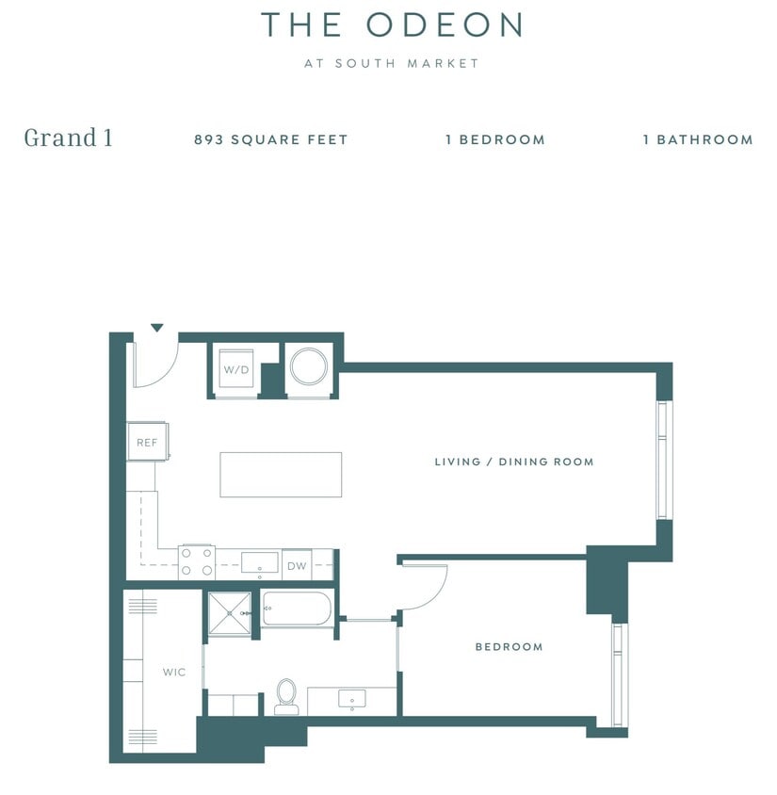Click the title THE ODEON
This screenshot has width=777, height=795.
(x=392, y=25)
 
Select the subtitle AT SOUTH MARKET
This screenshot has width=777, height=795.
(x=392, y=64)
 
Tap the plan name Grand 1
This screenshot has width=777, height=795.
(x=68, y=138)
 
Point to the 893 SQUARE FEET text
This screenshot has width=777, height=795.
(x=271, y=139)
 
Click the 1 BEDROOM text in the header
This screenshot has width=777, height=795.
(x=495, y=139)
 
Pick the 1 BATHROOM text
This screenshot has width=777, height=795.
(x=698, y=139)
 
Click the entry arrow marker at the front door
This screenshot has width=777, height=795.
(x=157, y=328)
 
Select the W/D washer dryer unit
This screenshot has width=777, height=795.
(x=235, y=369)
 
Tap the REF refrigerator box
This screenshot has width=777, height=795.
(x=147, y=442)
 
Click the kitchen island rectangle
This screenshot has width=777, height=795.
(x=281, y=474)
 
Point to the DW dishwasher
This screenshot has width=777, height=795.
(x=296, y=565)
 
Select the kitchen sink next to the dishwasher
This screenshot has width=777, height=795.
(x=260, y=563)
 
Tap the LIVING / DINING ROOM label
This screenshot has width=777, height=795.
(x=513, y=462)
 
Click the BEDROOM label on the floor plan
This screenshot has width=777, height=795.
(x=509, y=647)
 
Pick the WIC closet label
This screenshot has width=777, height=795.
(x=173, y=673)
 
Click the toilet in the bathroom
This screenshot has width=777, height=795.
(x=286, y=695)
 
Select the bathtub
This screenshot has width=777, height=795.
(x=297, y=609)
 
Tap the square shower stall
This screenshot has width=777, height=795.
(x=230, y=613)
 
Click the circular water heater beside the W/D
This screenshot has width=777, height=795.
(x=309, y=366)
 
